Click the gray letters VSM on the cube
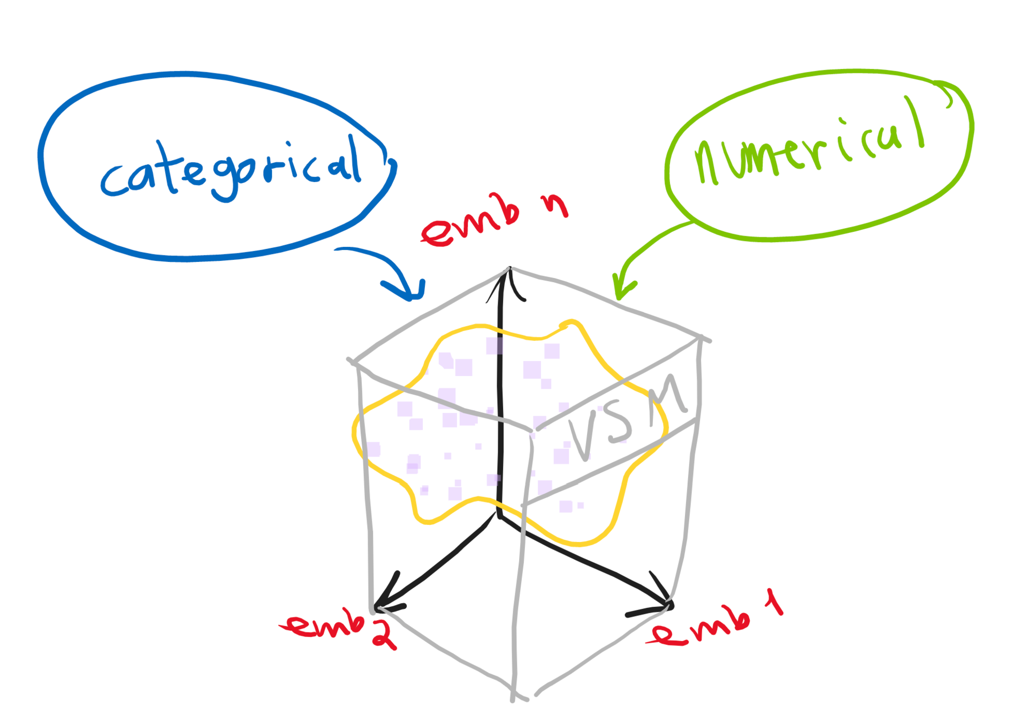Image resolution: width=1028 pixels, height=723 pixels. pyautogui.click(x=626, y=418)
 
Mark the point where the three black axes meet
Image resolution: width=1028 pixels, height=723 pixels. pyautogui.click(x=500, y=515)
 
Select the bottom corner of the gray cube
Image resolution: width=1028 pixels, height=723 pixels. pyautogui.click(x=514, y=696)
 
